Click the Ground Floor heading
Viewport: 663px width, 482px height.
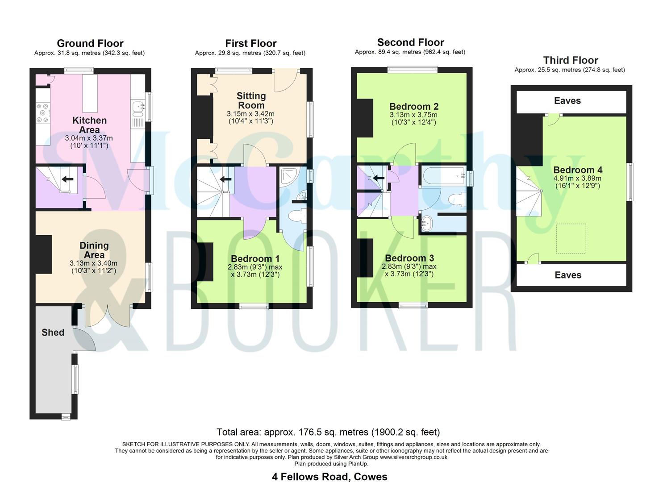click(x=90, y=43)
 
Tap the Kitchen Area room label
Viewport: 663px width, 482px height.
click(x=89, y=125)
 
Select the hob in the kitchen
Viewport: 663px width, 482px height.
click(x=43, y=113)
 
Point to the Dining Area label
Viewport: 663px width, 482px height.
click(x=94, y=250)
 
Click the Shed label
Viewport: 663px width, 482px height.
click(x=53, y=332)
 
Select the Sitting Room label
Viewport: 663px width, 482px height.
click(x=251, y=100)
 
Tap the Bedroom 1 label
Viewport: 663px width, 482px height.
click(x=255, y=259)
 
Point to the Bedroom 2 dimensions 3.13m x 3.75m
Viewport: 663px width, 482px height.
click(x=413, y=115)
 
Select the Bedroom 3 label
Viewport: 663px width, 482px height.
click(x=409, y=258)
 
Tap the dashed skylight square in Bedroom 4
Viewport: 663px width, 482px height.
click(x=571, y=238)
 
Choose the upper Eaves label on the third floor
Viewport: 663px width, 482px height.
click(x=567, y=101)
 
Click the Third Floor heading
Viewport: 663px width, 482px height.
click(x=570, y=60)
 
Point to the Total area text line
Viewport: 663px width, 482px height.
click(x=328, y=432)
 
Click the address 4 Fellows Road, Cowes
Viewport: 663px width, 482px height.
click(x=329, y=477)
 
